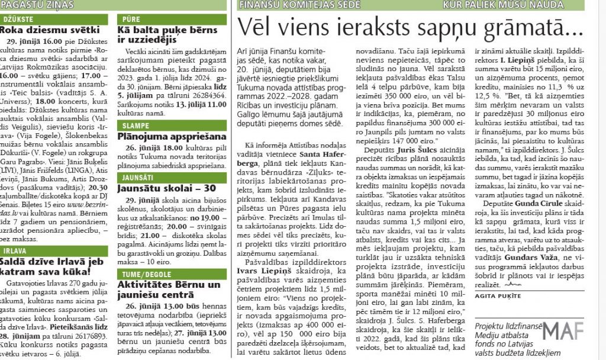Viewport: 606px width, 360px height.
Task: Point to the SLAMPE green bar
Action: [137, 126]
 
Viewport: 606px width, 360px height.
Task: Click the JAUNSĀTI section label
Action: [140, 178]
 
